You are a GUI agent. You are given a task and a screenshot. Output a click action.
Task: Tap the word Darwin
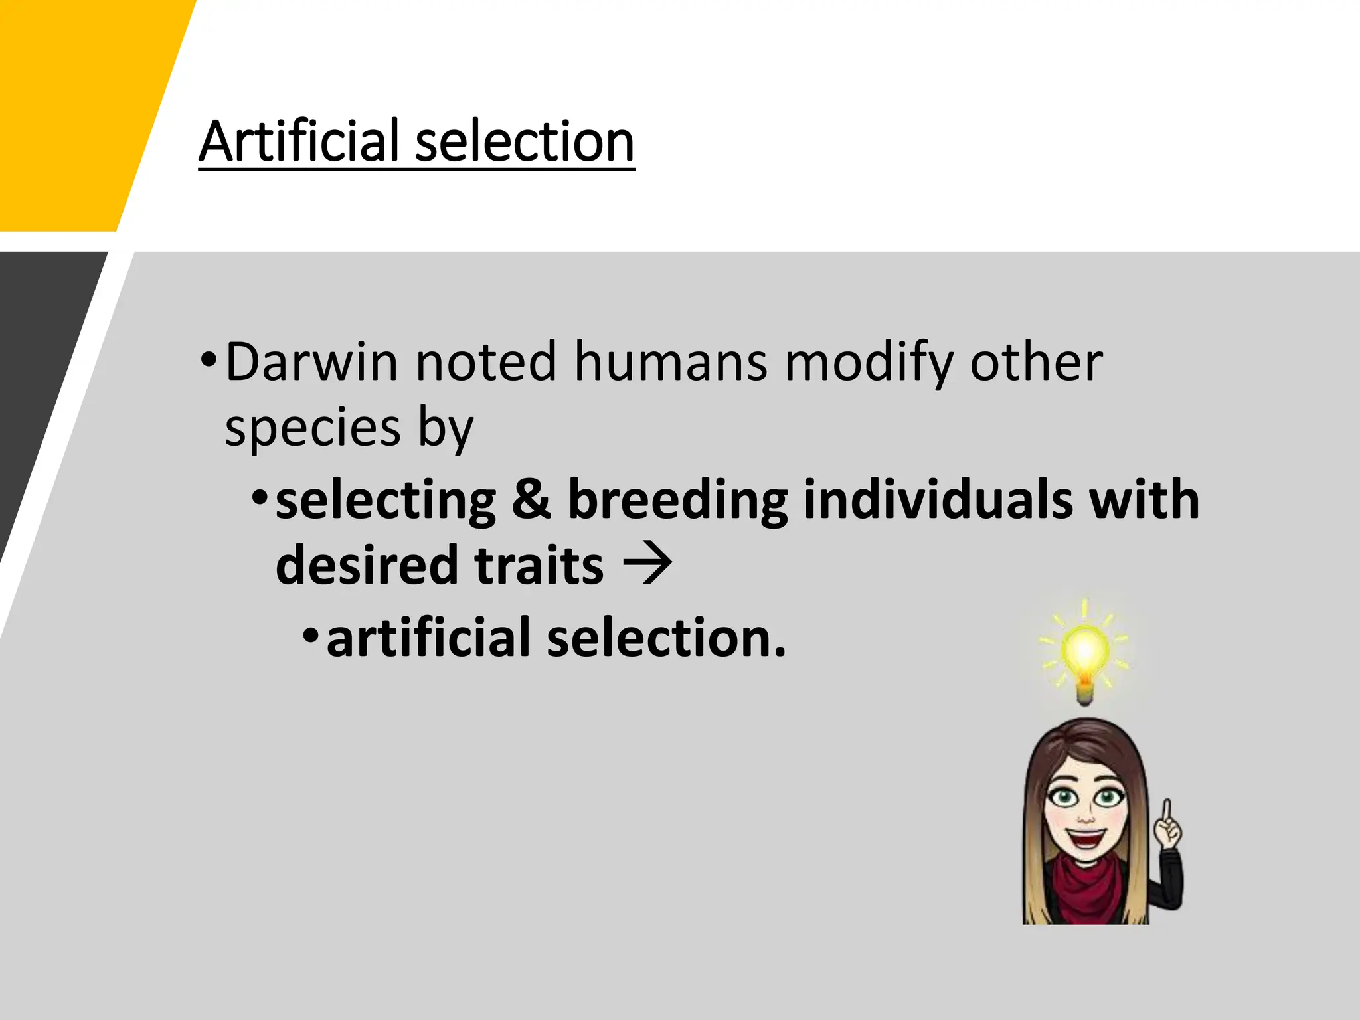312,362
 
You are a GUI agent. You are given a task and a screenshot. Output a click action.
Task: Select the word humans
671,362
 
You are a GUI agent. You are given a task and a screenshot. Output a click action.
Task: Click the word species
313,428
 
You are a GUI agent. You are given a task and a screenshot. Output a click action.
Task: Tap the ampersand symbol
531,499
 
